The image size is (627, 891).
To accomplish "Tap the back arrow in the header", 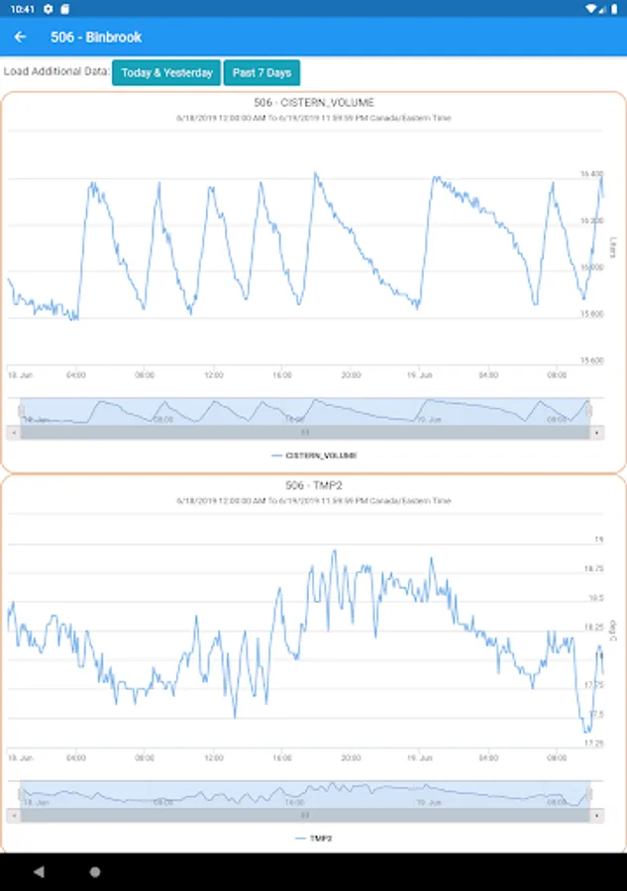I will pos(20,38).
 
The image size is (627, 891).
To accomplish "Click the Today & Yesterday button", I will pos(166,73).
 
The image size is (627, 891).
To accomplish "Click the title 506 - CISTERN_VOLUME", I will pos(314,103).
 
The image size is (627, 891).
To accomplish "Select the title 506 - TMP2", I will pos(314,485).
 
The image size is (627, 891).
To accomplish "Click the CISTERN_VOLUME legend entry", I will pos(314,455).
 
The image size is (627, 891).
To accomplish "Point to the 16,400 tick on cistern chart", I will pos(591,174).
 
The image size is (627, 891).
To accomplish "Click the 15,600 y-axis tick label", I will pos(591,360).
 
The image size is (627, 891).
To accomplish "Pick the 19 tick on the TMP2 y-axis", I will pos(598,541).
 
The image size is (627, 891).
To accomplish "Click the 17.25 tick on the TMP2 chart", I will pos(592,742).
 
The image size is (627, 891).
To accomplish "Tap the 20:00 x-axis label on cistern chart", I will pos(351,375).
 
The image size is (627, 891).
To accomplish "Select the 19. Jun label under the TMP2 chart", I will pos(420,757).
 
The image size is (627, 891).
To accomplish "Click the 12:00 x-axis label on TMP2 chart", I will pos(214,757).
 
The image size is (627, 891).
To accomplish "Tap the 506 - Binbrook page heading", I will pos(96,38).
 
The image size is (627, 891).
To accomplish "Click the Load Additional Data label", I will pos(56,72).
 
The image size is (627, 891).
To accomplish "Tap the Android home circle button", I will pos(95,872).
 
